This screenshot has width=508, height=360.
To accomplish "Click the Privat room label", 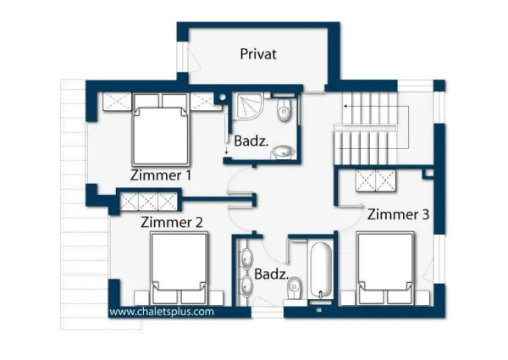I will pyautogui.click(x=258, y=54).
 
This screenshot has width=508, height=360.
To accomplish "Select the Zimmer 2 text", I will pyautogui.click(x=172, y=222).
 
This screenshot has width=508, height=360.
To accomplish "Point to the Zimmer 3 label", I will pyautogui.click(x=398, y=215).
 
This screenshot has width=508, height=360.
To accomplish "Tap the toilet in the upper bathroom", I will pyautogui.click(x=284, y=108).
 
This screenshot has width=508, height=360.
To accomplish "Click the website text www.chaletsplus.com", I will pyautogui.click(x=162, y=311).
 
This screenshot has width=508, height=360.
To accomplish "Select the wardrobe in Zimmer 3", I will pyautogui.click(x=376, y=181).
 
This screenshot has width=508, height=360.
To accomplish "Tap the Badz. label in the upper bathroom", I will pyautogui.click(x=251, y=142).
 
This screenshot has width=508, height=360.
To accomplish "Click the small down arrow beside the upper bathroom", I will pyautogui.click(x=227, y=151).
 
